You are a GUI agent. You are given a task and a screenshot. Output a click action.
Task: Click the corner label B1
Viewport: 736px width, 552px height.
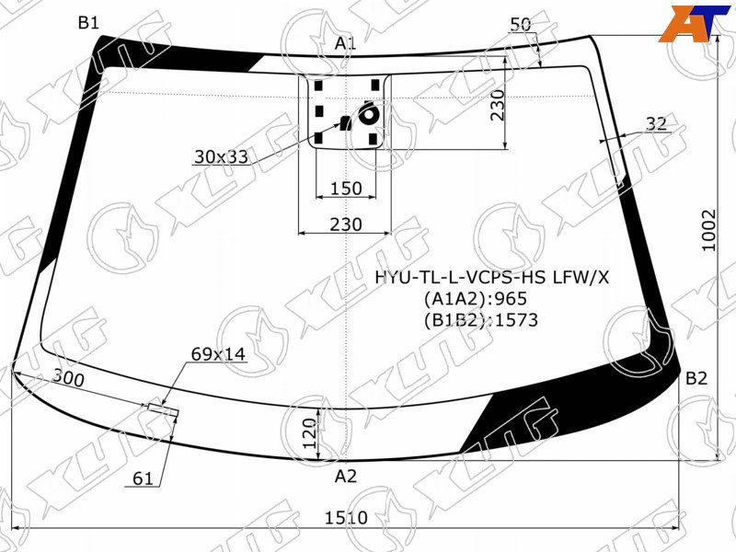88,22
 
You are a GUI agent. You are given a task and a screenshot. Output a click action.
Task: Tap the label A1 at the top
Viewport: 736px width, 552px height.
346,43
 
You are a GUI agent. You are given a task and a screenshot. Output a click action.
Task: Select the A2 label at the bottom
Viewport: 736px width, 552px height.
346,477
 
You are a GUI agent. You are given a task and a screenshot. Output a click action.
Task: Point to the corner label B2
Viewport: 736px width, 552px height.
696,378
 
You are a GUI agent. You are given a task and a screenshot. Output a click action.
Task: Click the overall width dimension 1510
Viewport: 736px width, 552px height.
347,518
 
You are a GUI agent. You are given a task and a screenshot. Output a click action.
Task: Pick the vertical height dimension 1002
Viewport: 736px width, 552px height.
709,231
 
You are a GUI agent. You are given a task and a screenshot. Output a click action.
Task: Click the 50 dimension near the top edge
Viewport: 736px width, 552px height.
520,25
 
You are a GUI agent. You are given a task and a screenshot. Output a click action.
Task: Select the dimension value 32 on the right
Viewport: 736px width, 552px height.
656,124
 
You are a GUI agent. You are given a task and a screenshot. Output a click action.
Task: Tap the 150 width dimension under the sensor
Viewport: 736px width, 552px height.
347,189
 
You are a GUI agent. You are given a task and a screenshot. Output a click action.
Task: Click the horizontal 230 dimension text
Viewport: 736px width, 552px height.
346,224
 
